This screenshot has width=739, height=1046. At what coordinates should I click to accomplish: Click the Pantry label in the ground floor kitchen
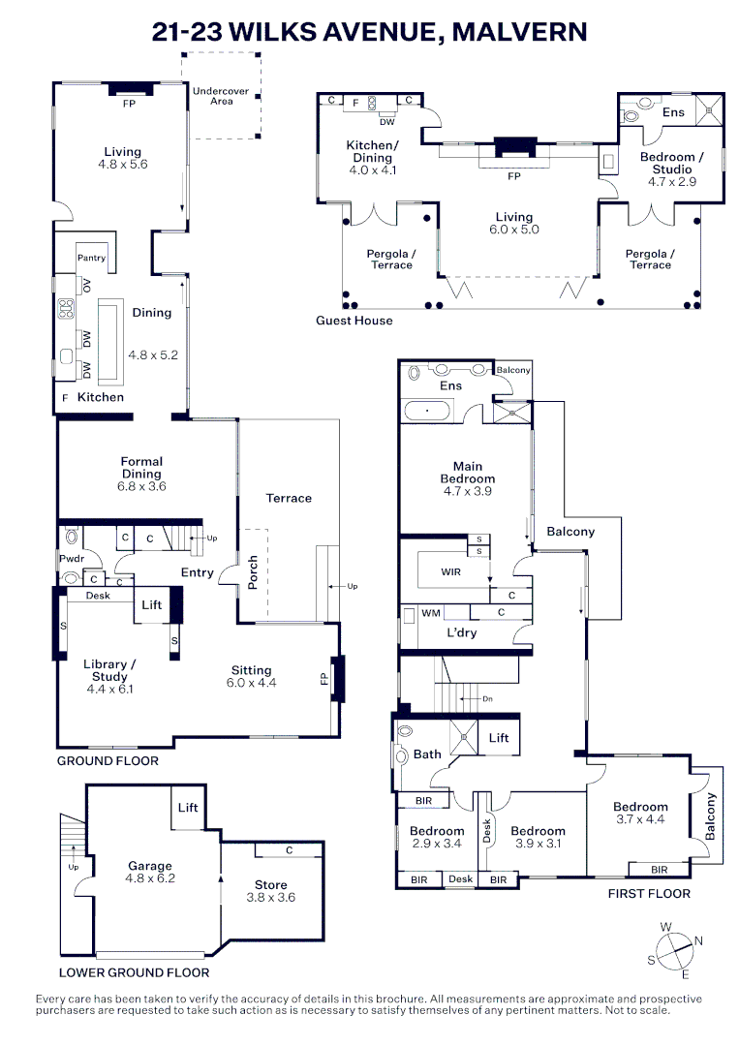click(91, 258)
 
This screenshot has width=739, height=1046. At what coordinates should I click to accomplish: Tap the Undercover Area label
click(221, 96)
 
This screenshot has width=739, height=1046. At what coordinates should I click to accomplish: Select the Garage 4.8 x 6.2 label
click(150, 872)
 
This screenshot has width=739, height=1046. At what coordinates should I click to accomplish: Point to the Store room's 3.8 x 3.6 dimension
click(271, 897)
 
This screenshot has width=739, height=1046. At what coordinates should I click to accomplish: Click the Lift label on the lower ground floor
click(188, 807)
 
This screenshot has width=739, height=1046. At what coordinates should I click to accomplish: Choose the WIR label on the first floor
click(451, 571)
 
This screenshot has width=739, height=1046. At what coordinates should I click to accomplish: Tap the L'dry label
click(462, 632)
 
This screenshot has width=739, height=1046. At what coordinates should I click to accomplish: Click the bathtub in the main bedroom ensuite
click(427, 411)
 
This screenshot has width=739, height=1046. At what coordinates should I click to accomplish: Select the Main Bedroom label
click(468, 473)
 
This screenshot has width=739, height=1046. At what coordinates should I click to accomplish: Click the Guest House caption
click(354, 321)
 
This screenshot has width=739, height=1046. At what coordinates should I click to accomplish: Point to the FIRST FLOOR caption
click(649, 893)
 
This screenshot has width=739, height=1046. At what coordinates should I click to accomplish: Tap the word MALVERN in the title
click(519, 31)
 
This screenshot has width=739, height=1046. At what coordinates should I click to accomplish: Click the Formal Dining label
click(141, 468)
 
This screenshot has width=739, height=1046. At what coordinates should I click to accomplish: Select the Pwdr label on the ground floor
click(72, 559)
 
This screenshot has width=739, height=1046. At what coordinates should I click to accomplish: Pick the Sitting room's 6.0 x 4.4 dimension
click(252, 683)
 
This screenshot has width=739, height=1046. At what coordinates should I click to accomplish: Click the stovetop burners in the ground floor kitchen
click(66, 308)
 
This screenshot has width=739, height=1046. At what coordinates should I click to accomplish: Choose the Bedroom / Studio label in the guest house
click(671, 163)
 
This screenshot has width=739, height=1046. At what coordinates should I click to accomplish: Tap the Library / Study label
click(109, 670)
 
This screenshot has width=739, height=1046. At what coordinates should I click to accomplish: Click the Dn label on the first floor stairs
click(487, 699)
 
